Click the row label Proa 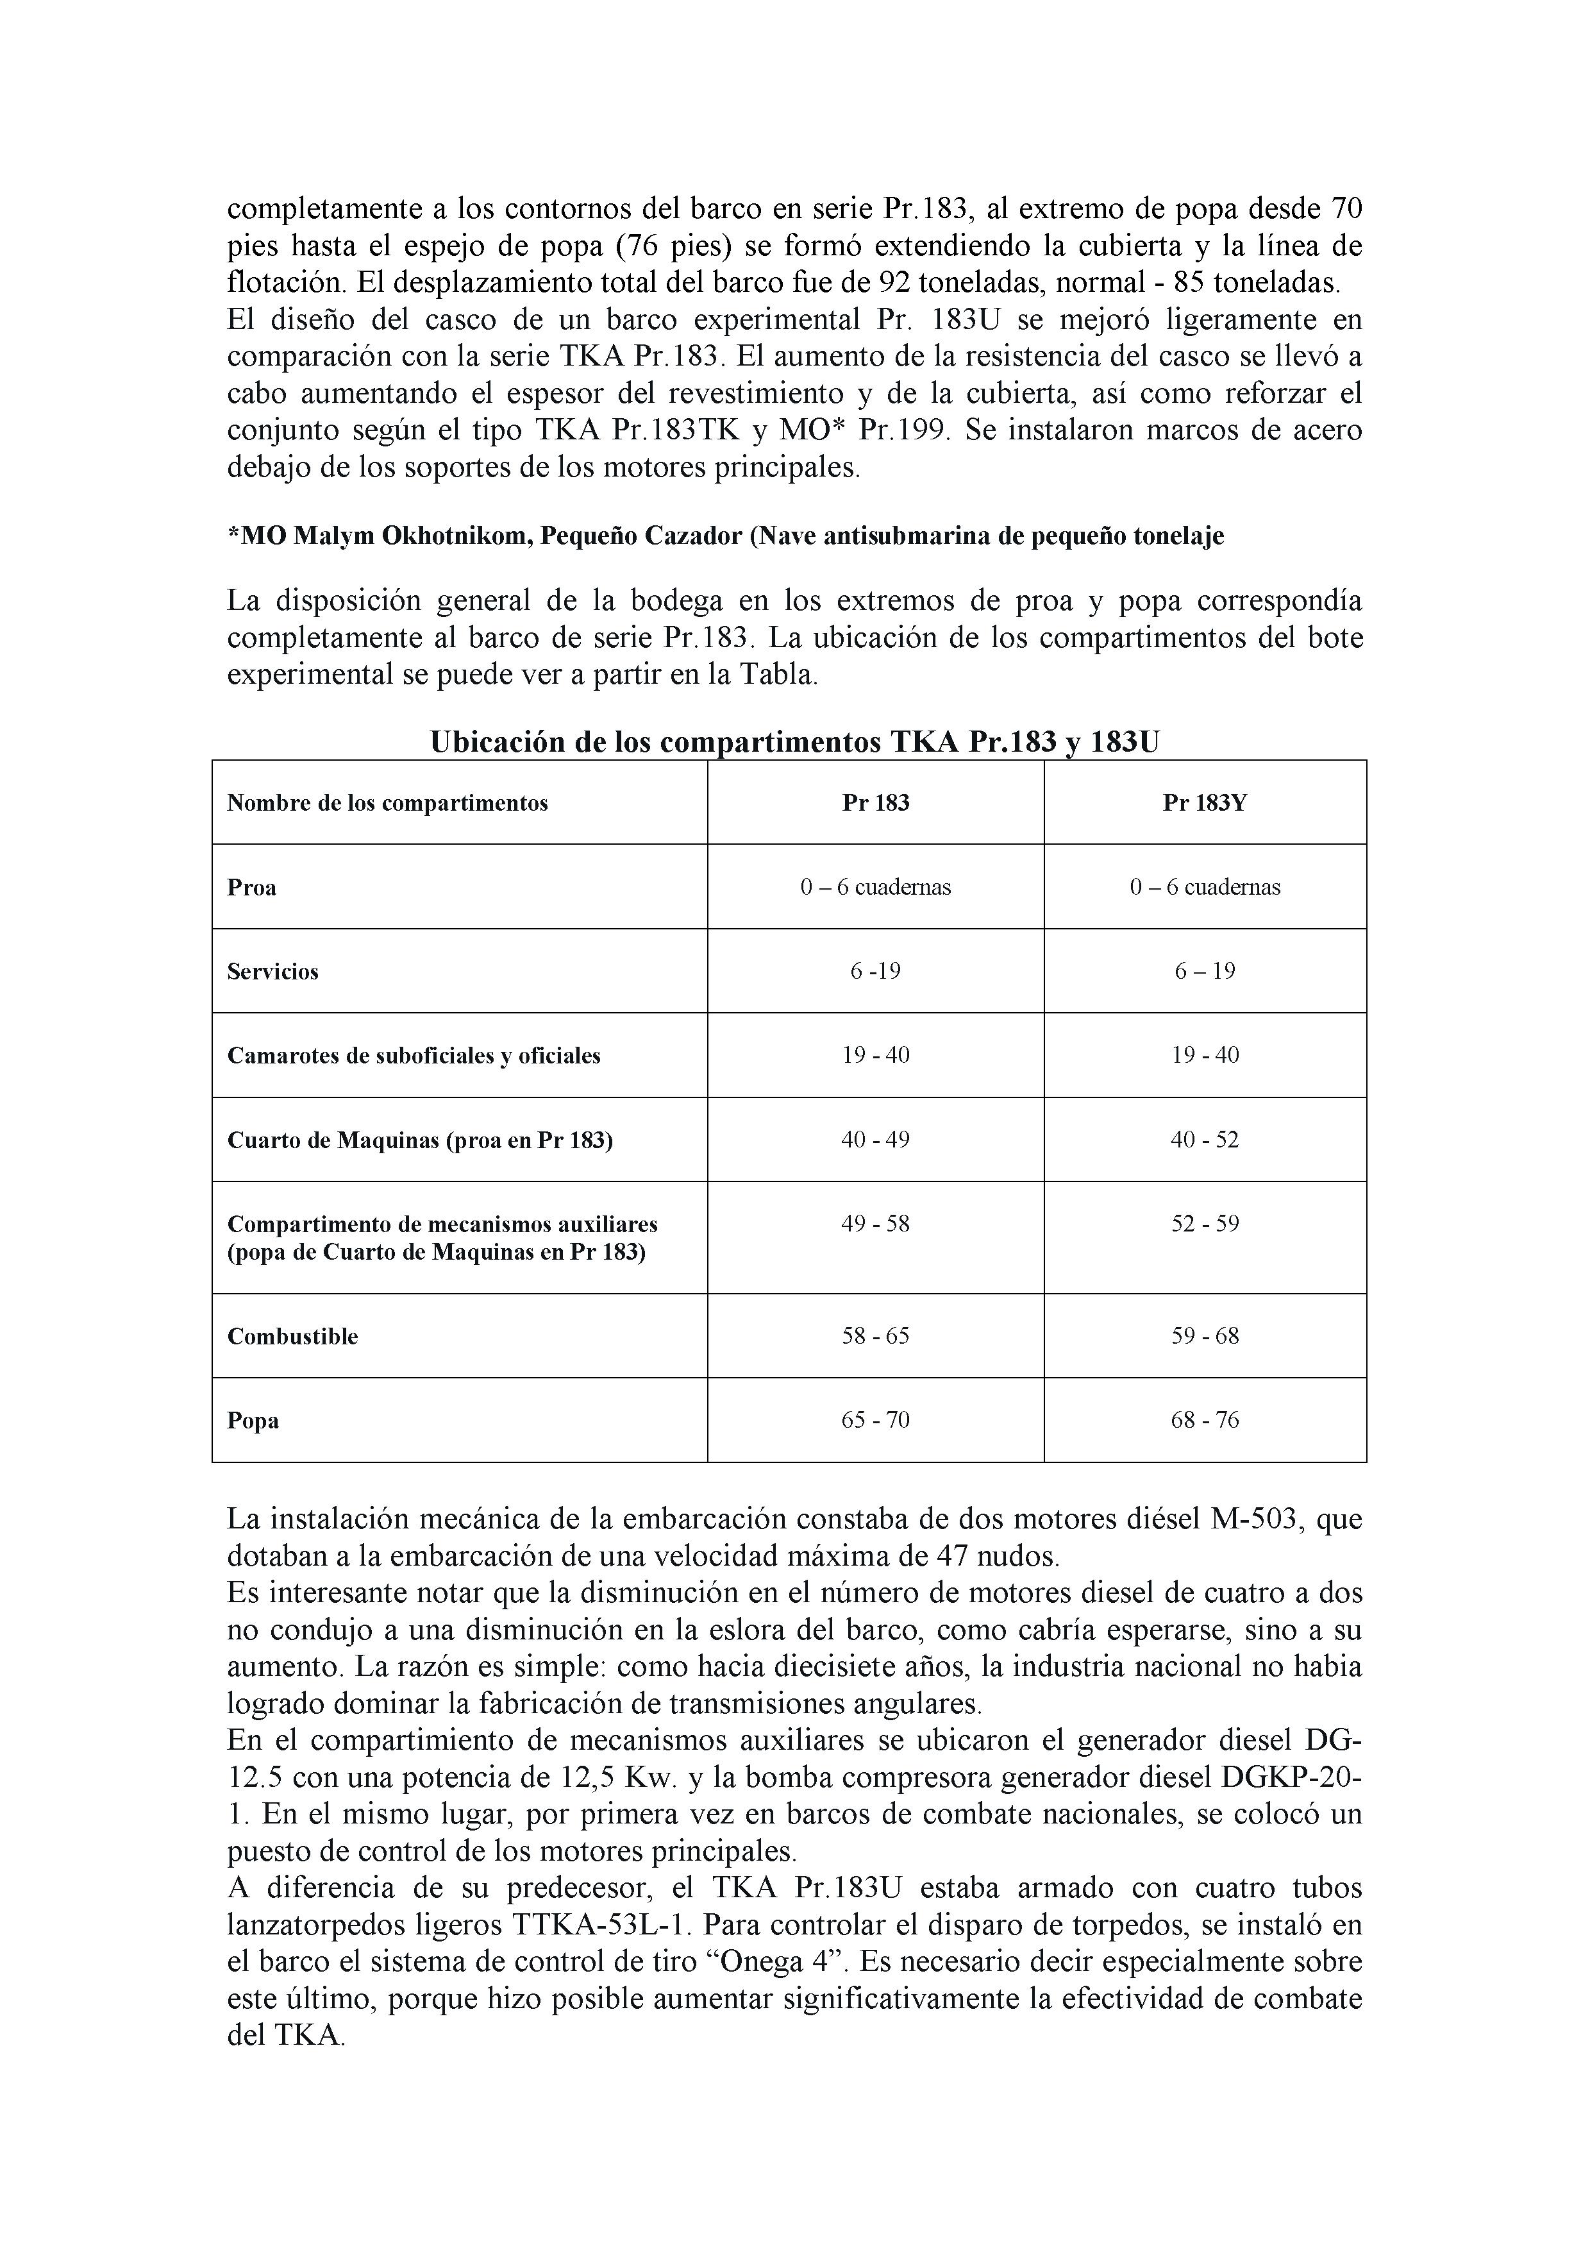[x=252, y=887]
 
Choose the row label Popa [x=253, y=1420]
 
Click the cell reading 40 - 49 [x=875, y=1140]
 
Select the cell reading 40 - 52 [x=1204, y=1140]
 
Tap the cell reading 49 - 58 [x=875, y=1223]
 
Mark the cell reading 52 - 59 [x=1204, y=1223]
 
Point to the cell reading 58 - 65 [x=875, y=1335]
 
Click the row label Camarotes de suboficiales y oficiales [x=414, y=1056]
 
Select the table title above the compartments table [x=794, y=742]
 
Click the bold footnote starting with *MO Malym [x=725, y=536]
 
